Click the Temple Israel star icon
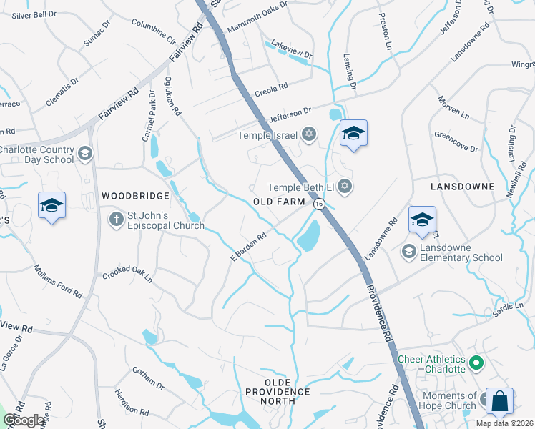tap(309, 134)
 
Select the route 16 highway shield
tap(319, 204)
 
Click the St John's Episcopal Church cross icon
tap(114, 219)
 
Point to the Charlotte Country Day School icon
tap(85, 153)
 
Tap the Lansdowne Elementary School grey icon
tap(408, 250)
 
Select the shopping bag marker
tap(500, 403)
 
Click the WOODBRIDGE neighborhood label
tap(135, 195)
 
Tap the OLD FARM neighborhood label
tap(280, 202)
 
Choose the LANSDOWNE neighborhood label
tap(462, 186)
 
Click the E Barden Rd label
tap(248, 246)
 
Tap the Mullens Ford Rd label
tap(59, 281)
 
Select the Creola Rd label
tap(271, 90)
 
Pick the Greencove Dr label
tap(456, 142)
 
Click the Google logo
tap(24, 420)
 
